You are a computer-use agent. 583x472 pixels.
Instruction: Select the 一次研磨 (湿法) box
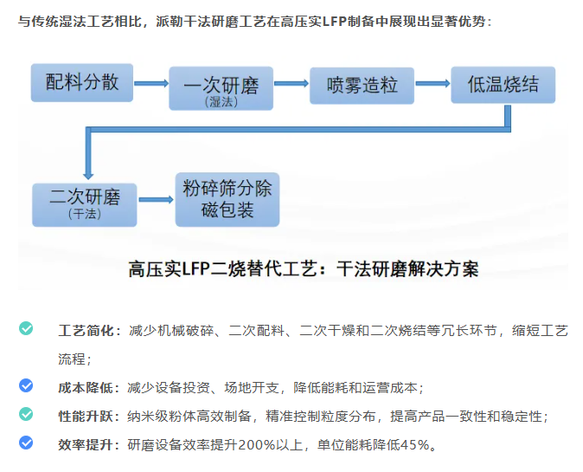click(x=221, y=88)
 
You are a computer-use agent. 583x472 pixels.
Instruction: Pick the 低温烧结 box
click(x=503, y=85)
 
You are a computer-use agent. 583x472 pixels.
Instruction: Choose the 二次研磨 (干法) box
click(x=84, y=202)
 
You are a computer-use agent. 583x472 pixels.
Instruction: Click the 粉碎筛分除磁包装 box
click(x=227, y=200)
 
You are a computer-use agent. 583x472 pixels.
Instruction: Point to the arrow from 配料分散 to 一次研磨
click(x=151, y=84)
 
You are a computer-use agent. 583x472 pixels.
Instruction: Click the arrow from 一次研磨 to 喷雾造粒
click(x=291, y=84)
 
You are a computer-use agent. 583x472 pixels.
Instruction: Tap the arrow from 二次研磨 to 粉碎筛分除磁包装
click(x=156, y=199)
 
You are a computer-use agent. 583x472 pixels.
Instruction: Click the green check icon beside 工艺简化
click(x=27, y=328)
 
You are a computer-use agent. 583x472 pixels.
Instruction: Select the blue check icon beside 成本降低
click(x=27, y=386)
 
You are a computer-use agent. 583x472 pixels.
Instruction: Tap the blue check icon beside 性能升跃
click(x=27, y=415)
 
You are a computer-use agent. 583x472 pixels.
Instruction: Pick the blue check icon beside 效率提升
click(x=27, y=443)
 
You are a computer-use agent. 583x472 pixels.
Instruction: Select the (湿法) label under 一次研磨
click(x=220, y=101)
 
